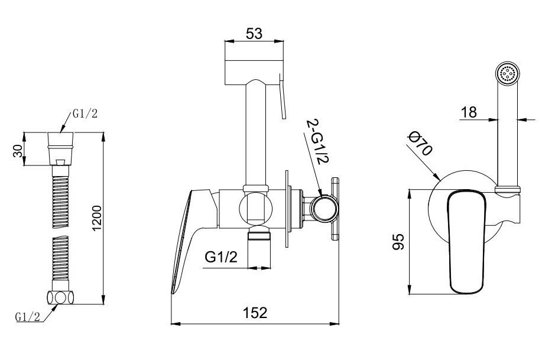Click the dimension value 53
(254, 34)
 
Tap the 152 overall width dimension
(255, 313)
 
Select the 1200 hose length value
(97, 218)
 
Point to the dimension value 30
(18, 151)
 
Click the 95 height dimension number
(398, 242)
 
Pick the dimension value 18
(469, 112)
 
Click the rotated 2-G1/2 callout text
(317, 142)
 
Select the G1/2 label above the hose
(85, 113)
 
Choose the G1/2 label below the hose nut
(28, 316)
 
